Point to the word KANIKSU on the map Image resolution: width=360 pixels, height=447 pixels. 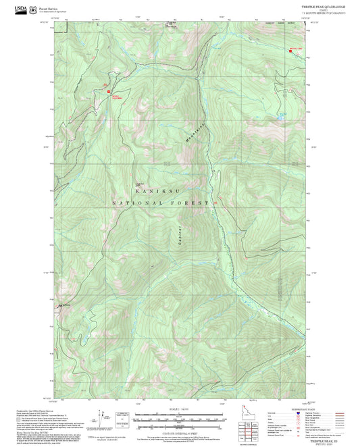point(151,191)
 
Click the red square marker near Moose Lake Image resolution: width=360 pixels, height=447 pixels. point(291,52)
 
